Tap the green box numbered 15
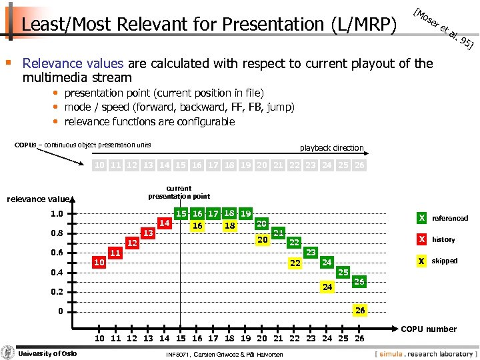181,214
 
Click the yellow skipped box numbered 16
197,226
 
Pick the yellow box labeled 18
229,226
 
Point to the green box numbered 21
279,233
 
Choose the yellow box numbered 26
359,311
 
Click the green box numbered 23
311,253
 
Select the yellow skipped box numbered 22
294,263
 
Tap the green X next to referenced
421,218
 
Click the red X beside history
421,239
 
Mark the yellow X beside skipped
421,261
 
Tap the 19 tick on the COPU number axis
245,338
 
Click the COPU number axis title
429,329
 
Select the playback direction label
331,148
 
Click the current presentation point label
179,193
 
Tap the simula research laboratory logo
426,353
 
